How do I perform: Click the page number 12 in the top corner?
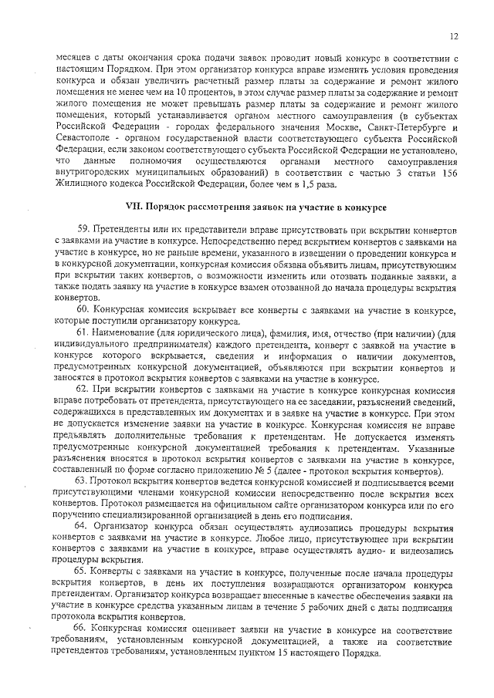point(455,36)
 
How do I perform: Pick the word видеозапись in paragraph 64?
point(414,549)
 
